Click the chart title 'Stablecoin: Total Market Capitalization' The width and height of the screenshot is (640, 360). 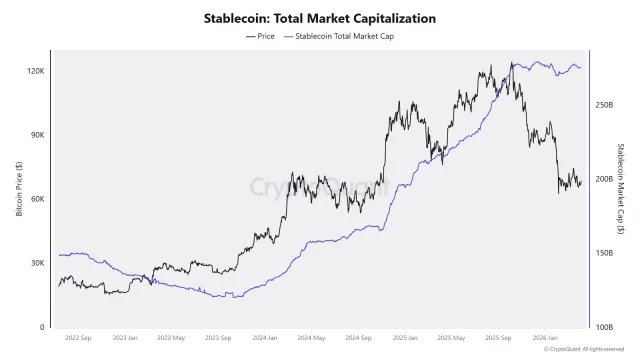click(x=320, y=18)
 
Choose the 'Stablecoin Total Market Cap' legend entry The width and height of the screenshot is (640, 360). click(x=340, y=36)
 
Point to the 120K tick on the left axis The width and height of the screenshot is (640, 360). click(x=36, y=71)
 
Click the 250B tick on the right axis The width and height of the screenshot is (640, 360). click(x=603, y=105)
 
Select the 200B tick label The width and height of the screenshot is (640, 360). click(x=603, y=179)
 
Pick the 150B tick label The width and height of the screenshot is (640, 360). click(x=603, y=253)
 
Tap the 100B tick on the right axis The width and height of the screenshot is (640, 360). click(x=603, y=327)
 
